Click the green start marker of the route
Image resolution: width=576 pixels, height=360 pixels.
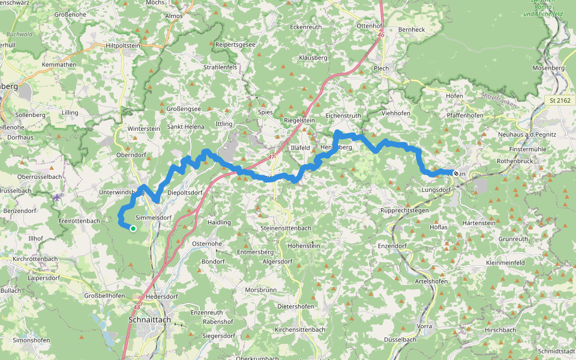133,228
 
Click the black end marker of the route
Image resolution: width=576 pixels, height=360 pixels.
456,173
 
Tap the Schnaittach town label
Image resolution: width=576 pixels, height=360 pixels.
149,320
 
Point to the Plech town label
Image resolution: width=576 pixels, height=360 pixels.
382,68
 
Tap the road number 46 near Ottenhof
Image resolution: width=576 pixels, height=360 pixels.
381,35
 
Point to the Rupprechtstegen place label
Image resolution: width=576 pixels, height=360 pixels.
405,211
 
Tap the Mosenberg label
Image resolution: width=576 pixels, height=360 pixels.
548,68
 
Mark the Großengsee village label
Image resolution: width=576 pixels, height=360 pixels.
183,109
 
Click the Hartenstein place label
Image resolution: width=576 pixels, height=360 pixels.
479,223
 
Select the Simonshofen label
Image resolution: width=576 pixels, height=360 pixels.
31,340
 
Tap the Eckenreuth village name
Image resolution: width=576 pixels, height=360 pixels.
305,27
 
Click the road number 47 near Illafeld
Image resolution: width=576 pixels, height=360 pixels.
272,157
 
